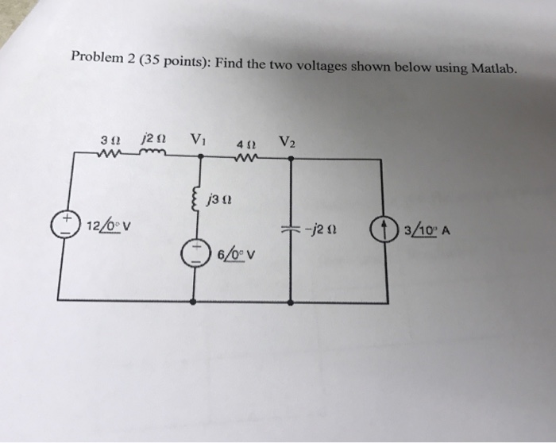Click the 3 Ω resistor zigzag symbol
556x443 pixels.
(106, 156)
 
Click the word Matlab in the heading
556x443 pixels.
(492, 70)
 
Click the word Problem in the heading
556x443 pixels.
(94, 56)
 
